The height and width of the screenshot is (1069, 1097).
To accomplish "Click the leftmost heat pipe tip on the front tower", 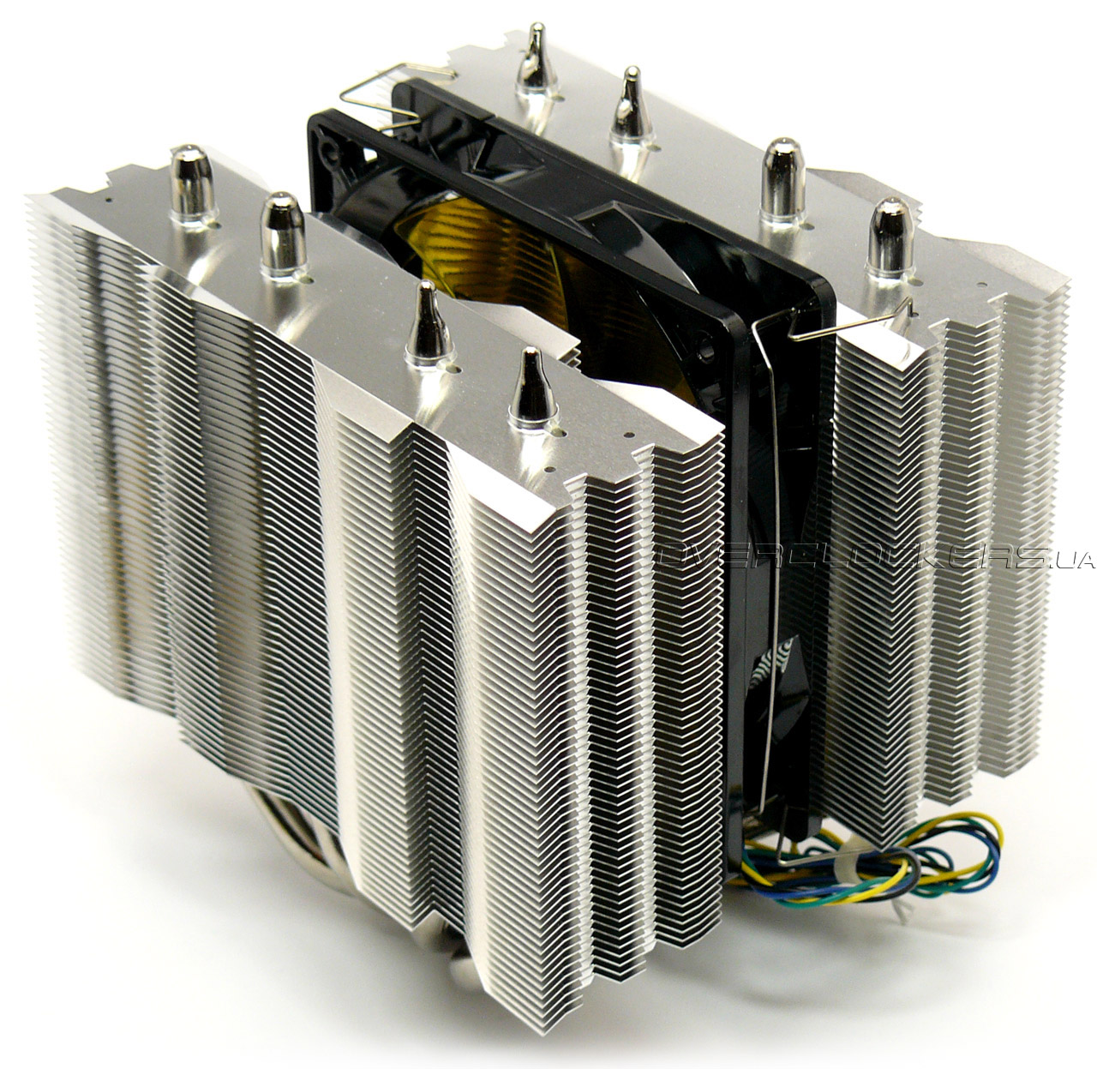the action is (191, 183).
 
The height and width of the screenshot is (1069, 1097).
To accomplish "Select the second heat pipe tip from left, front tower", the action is (284, 233).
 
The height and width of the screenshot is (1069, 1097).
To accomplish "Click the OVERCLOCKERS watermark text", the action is (851, 557).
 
